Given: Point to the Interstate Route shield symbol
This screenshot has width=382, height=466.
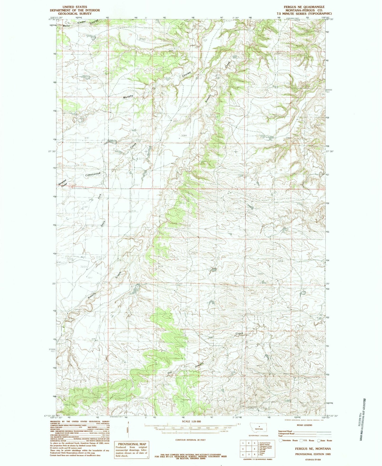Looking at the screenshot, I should pyautogui.click(x=280, y=440).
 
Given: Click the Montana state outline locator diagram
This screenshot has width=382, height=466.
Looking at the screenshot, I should pyautogui.click(x=259, y=428).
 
